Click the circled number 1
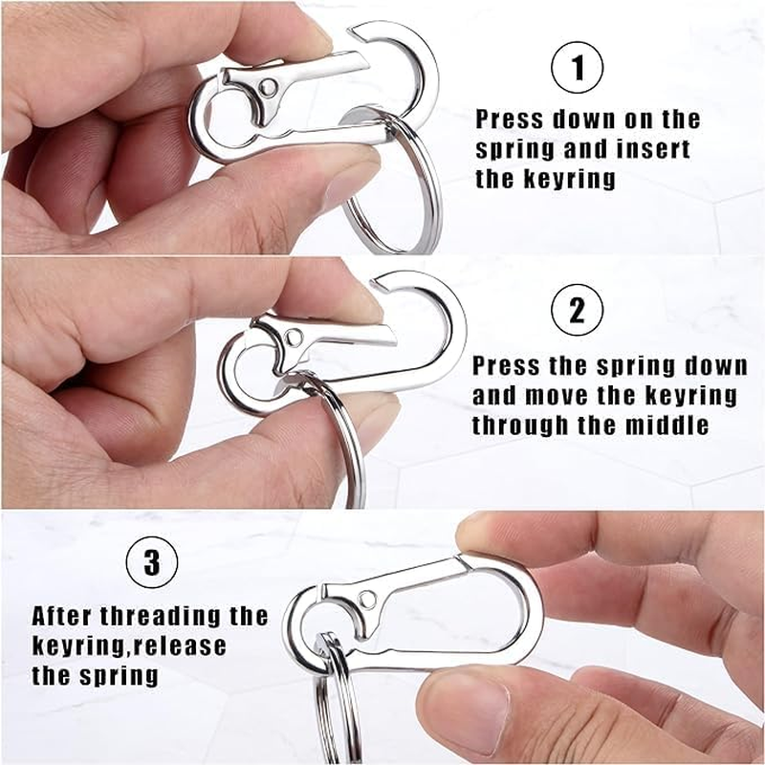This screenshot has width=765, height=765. [x=579, y=70]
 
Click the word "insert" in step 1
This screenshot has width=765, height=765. [x=651, y=150]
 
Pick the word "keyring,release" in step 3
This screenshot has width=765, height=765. [x=129, y=645]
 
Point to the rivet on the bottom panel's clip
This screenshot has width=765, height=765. [x=367, y=600]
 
